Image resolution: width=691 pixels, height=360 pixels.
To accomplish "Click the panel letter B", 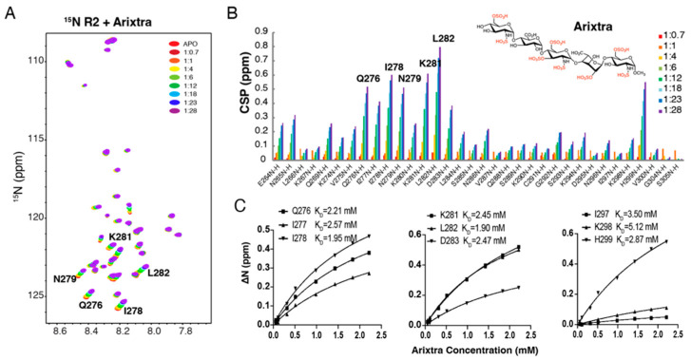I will [230, 12].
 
